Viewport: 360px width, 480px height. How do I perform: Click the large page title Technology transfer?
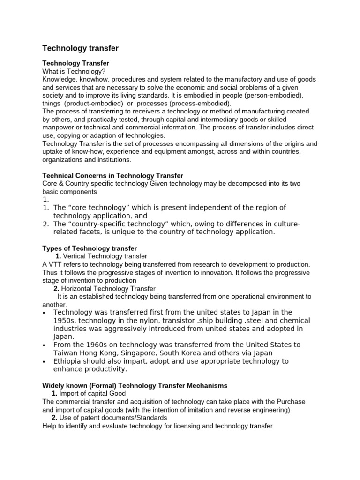coord(80,48)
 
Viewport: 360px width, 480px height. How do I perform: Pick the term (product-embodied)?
coord(92,103)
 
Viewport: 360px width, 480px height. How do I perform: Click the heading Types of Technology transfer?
coord(90,248)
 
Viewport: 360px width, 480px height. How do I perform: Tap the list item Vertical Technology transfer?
coord(105,256)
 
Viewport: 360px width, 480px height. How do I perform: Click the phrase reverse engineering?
coord(262,409)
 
